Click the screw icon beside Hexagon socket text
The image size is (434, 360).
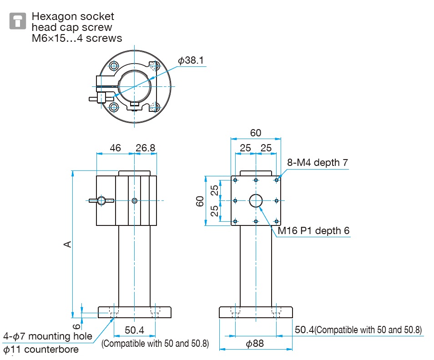click(18, 21)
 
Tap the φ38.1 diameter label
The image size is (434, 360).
click(191, 60)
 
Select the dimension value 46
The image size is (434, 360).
click(116, 148)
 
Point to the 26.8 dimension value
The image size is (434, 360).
click(145, 148)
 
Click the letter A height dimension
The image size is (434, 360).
click(67, 244)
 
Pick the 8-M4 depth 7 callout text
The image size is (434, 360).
click(318, 163)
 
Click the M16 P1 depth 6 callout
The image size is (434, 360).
click(314, 231)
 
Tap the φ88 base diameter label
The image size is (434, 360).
click(255, 344)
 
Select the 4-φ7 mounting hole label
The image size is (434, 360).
click(48, 336)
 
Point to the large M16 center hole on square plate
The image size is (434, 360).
click(256, 200)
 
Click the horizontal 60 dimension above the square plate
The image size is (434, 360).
click(256, 133)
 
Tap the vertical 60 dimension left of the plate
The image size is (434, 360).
click(200, 201)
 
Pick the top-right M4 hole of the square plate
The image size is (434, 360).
click(277, 180)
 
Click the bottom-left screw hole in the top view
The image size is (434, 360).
click(114, 107)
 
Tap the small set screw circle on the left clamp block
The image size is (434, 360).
click(134, 200)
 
